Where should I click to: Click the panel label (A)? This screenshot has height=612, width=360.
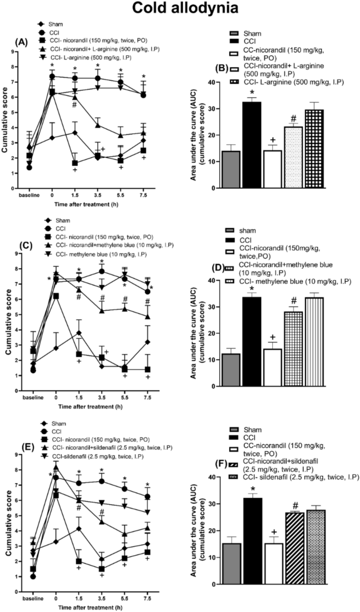click(x=22, y=42)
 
